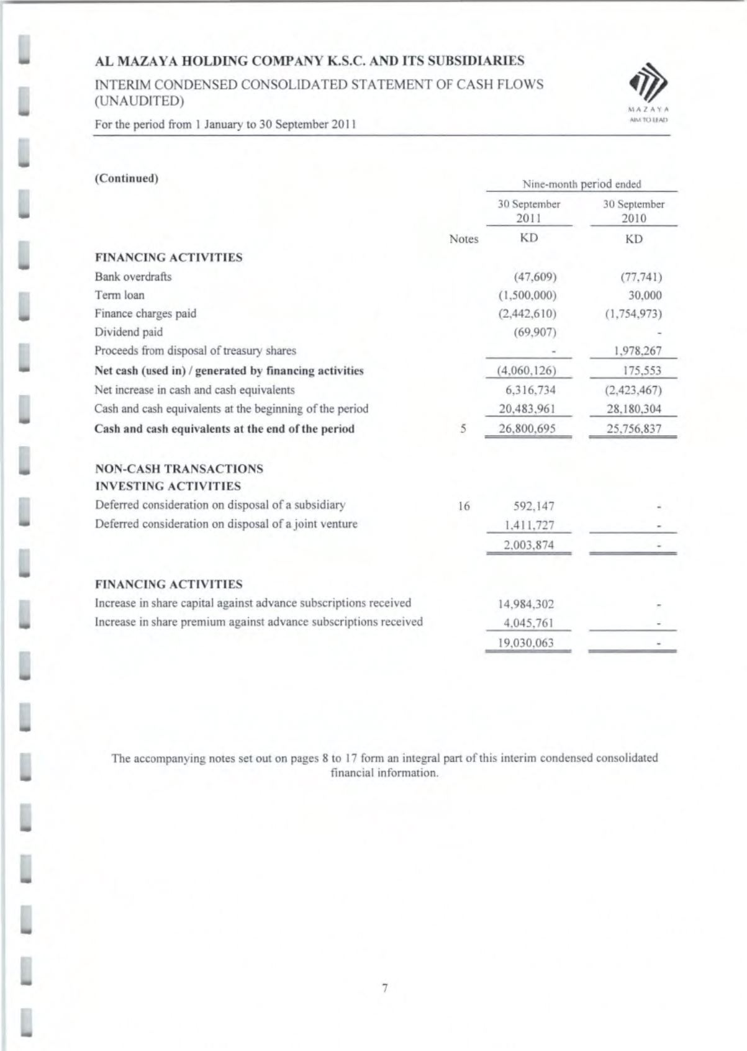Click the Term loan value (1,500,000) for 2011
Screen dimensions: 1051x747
527,295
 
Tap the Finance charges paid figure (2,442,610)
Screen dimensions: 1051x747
527,314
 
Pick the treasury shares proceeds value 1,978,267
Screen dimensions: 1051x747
637,351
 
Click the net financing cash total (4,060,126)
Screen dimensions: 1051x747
527,371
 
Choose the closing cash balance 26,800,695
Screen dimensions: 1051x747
527,429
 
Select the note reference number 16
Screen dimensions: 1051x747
463,507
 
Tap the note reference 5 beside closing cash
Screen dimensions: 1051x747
463,429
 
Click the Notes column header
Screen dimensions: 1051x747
463,240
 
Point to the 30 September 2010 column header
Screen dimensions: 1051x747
633,211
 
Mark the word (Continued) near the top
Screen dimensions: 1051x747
127,179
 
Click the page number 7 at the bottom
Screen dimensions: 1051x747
384,988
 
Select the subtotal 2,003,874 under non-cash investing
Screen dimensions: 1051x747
528,546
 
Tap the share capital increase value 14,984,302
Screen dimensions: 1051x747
526,604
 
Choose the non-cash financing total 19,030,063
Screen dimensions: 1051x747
526,643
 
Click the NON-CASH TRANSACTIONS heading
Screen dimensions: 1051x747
179,469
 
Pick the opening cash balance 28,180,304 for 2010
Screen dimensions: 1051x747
633,410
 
